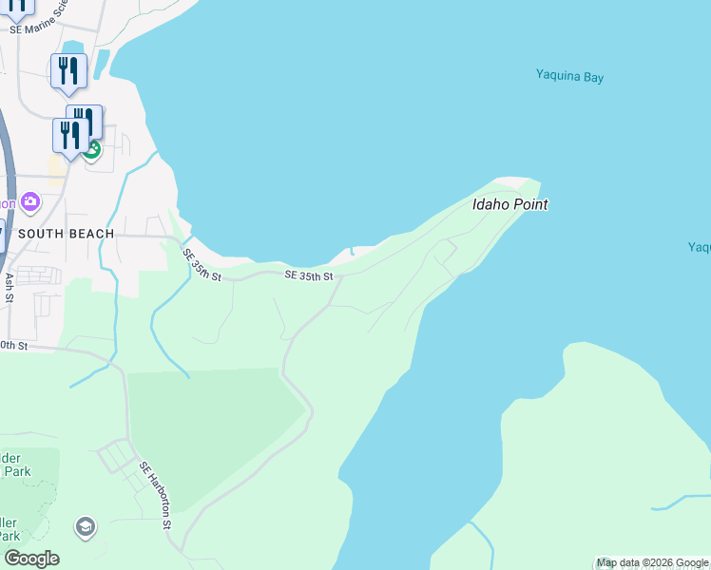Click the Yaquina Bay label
[569, 77]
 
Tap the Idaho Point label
[510, 204]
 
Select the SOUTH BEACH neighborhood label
[67, 234]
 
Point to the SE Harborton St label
[157, 495]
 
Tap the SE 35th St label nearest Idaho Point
[309, 276]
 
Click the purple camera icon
[30, 201]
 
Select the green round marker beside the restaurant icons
[92, 149]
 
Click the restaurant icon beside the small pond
[68, 71]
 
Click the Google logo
[31, 559]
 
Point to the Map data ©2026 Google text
[652, 563]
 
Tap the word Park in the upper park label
[16, 471]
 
